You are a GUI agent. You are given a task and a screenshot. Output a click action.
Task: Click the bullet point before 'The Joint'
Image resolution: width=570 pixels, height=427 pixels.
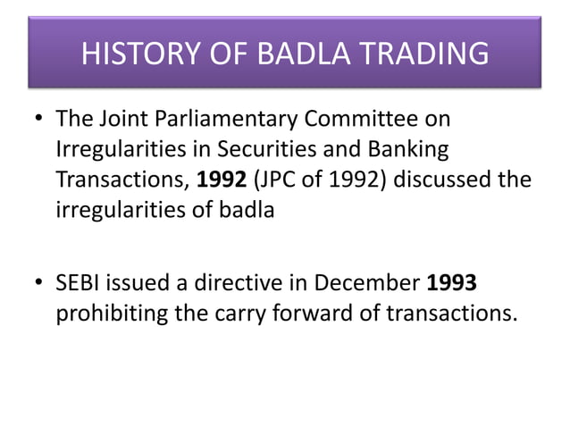[37, 119]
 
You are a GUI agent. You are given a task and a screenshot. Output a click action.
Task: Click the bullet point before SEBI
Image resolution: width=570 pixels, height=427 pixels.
[37, 284]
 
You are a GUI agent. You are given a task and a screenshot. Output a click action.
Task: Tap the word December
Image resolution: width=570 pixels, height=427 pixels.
[370, 284]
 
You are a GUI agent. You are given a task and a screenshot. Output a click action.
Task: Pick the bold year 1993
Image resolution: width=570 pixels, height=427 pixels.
[452, 284]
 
